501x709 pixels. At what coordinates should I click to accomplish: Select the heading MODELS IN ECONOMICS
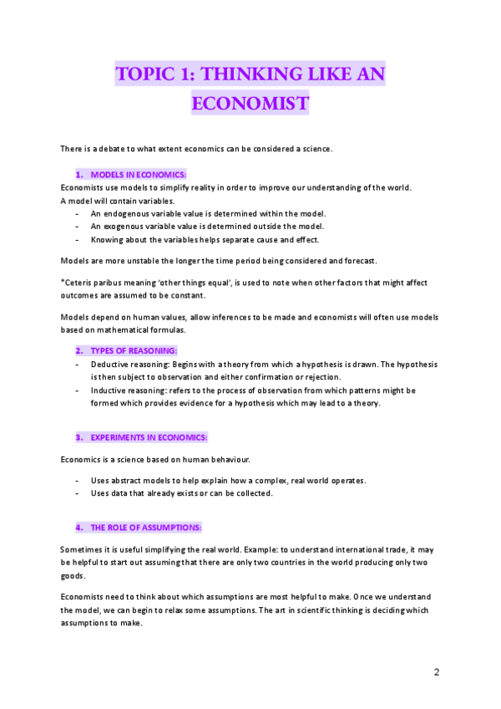click(138, 174)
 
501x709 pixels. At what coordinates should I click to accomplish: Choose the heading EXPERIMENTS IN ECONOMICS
click(149, 437)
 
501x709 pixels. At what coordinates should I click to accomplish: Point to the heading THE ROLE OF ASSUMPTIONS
click(145, 528)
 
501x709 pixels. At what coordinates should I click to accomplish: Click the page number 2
click(436, 672)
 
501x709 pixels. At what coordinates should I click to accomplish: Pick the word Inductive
click(109, 390)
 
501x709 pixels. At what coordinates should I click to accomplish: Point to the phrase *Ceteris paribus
click(92, 283)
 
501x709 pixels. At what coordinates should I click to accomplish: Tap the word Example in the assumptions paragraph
click(287, 549)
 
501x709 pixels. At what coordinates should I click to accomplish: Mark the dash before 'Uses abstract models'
click(77, 481)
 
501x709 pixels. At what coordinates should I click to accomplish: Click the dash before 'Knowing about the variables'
click(77, 239)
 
